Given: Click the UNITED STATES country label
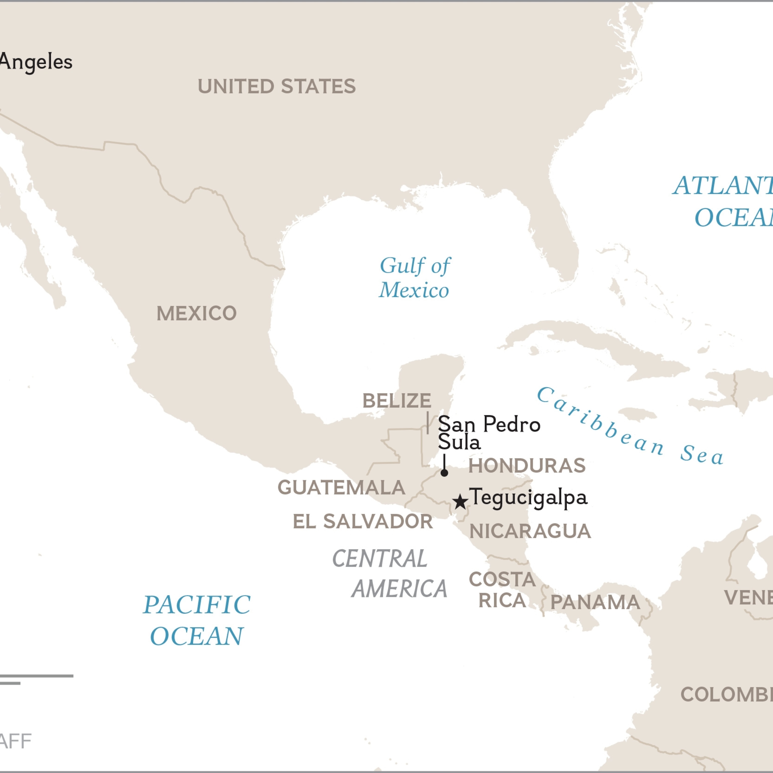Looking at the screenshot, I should pyautogui.click(x=277, y=86).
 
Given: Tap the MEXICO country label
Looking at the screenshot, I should pyautogui.click(x=197, y=313).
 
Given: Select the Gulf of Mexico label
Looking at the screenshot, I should pyautogui.click(x=414, y=278).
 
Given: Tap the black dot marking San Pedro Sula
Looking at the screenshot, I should pyautogui.click(x=444, y=473).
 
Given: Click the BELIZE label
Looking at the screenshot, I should pyautogui.click(x=397, y=401).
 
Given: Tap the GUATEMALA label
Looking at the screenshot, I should pyautogui.click(x=341, y=487).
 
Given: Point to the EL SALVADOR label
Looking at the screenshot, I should pyautogui.click(x=363, y=521).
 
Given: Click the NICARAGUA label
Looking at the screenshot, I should pyautogui.click(x=530, y=531).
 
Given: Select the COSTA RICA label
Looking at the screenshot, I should pyautogui.click(x=502, y=590).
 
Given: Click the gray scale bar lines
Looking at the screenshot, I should pyautogui.click(x=36, y=676).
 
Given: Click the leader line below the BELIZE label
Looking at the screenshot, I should pyautogui.click(x=428, y=422).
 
